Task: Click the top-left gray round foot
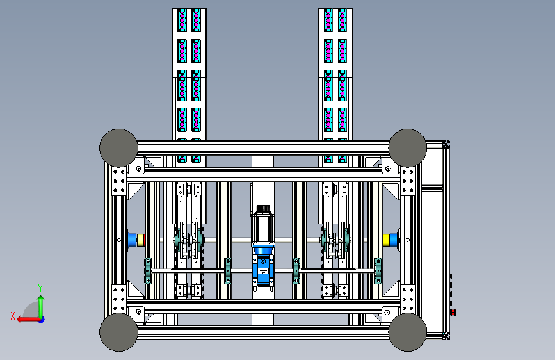coord(118,148)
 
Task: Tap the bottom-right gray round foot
coord(408,332)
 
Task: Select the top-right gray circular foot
coord(408,148)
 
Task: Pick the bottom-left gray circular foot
coord(118,332)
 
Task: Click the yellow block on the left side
coord(141,240)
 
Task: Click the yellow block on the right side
coord(387,240)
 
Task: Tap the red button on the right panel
coord(453,313)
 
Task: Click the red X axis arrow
coord(28,320)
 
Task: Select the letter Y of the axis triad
coord(40,288)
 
